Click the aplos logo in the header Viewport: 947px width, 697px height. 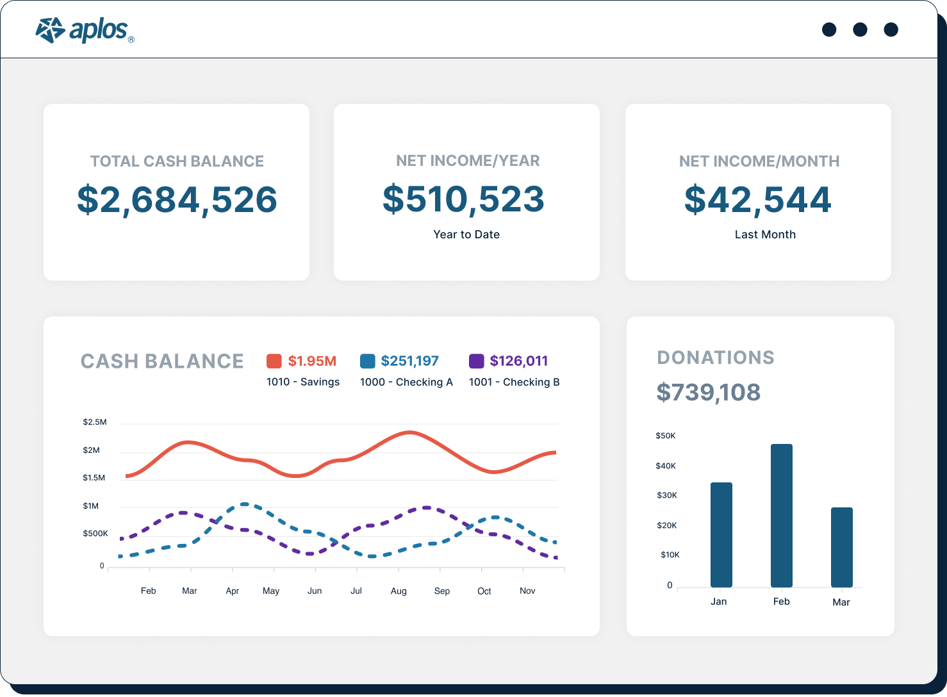point(84,30)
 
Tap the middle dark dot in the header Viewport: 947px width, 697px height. point(860,29)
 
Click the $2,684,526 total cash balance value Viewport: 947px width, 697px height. point(177,200)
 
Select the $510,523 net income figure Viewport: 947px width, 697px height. point(463,199)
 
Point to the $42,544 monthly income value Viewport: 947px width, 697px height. point(757,200)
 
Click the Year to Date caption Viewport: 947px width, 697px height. point(466,234)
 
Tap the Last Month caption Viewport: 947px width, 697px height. point(764,234)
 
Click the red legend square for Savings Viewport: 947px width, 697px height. point(274,361)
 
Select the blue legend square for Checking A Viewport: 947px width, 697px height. point(368,361)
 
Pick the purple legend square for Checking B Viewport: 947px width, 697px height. point(476,361)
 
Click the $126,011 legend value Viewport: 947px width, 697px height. point(518,361)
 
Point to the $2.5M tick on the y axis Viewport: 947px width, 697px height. point(95,422)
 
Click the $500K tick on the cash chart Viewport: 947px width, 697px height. point(95,534)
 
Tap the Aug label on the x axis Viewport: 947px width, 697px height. point(399,591)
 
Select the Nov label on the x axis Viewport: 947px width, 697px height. point(527,591)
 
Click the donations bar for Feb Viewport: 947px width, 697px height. point(781,516)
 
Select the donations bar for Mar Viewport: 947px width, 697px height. point(841,547)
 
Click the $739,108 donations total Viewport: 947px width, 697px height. point(708,392)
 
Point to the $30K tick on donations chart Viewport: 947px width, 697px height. point(666,495)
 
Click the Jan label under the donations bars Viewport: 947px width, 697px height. point(718,602)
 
